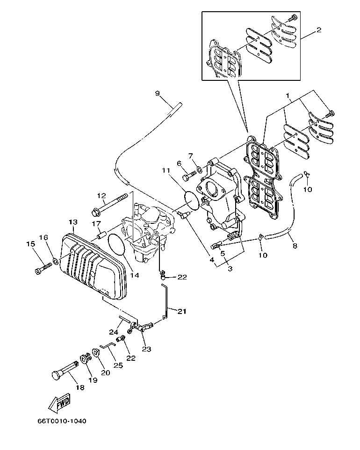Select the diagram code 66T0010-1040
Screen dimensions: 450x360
coord(62,421)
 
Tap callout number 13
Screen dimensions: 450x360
coord(72,222)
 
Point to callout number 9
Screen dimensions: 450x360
coord(158,93)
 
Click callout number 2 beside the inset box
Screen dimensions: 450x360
coord(318,30)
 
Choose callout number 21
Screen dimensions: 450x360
coord(181,311)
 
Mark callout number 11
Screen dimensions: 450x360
coord(166,171)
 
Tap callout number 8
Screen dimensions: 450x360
coord(295,245)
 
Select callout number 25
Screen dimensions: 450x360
coord(118,365)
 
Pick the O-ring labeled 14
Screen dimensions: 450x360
coord(116,246)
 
